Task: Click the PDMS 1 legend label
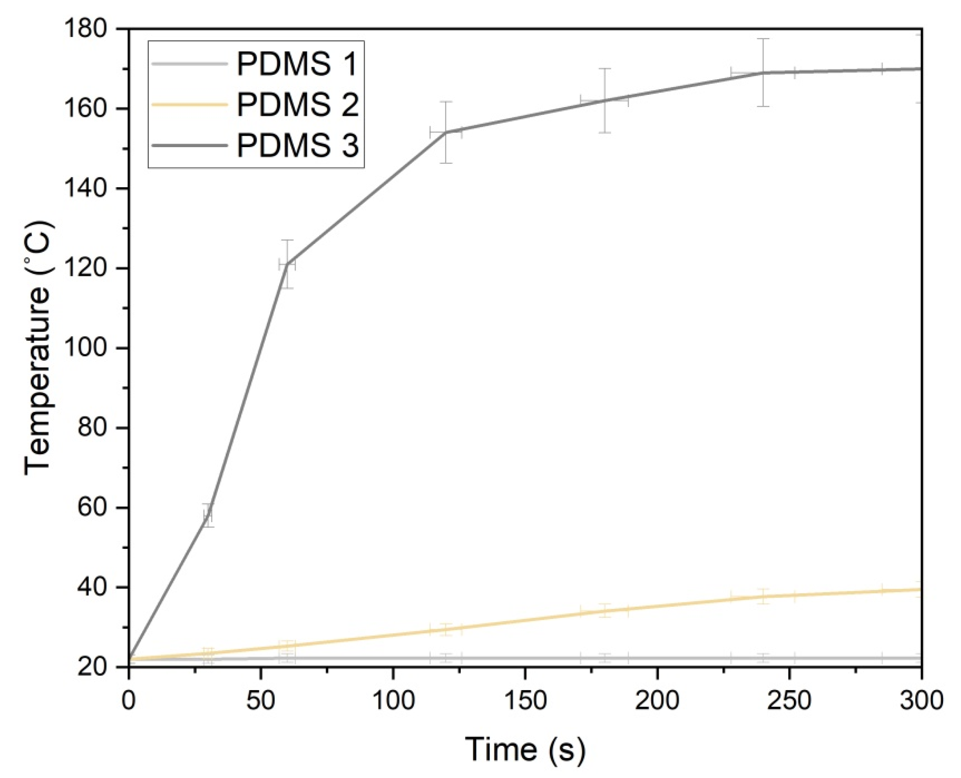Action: pos(297,64)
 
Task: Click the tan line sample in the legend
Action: pos(188,105)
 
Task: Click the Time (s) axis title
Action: pos(524,749)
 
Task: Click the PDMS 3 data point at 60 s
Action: pos(287,264)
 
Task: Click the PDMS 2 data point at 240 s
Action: pos(763,596)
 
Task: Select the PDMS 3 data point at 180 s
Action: pos(605,101)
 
